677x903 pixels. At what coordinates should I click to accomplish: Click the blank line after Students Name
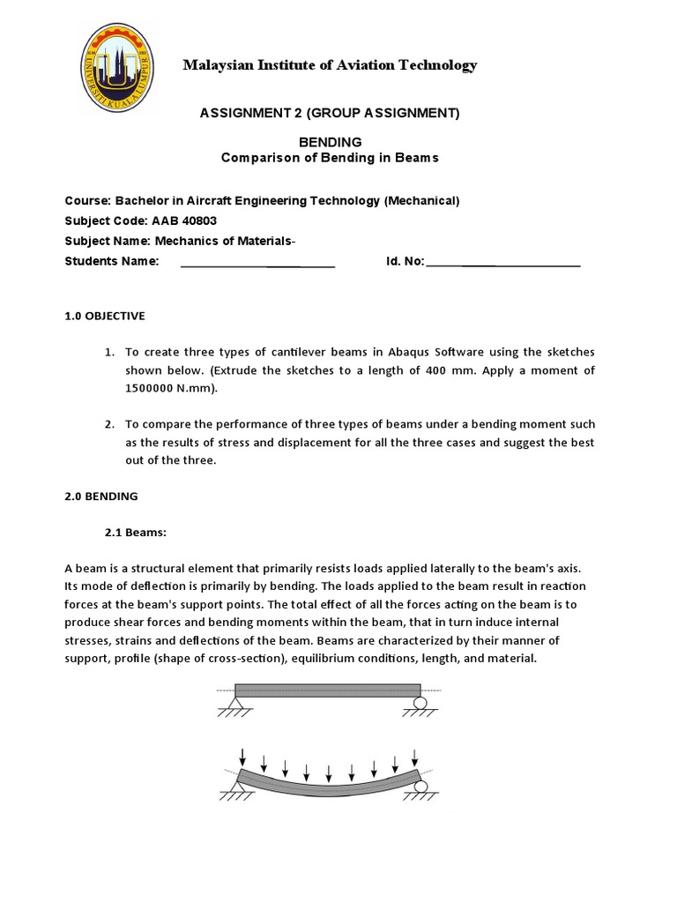(x=257, y=261)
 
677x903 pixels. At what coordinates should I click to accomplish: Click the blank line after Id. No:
(x=503, y=261)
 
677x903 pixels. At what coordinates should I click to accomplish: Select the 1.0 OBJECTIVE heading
(x=106, y=315)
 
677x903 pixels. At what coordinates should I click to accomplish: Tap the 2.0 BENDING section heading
(x=102, y=496)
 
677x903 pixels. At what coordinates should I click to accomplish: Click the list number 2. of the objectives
(x=109, y=424)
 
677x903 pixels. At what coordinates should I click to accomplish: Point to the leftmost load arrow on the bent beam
(x=242, y=757)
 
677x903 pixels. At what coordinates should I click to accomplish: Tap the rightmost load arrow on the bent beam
(x=415, y=757)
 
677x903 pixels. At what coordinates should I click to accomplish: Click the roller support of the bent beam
(x=422, y=786)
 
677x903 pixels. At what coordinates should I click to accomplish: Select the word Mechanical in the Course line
(x=420, y=200)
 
